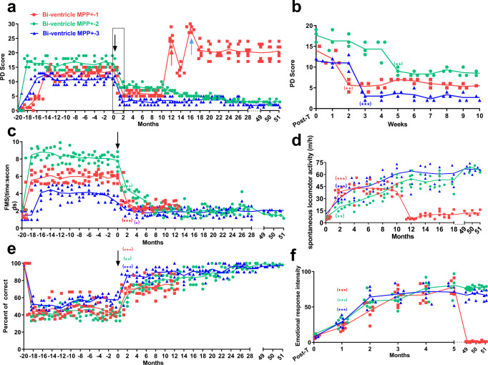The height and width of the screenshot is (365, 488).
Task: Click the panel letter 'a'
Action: pos(8,7)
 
